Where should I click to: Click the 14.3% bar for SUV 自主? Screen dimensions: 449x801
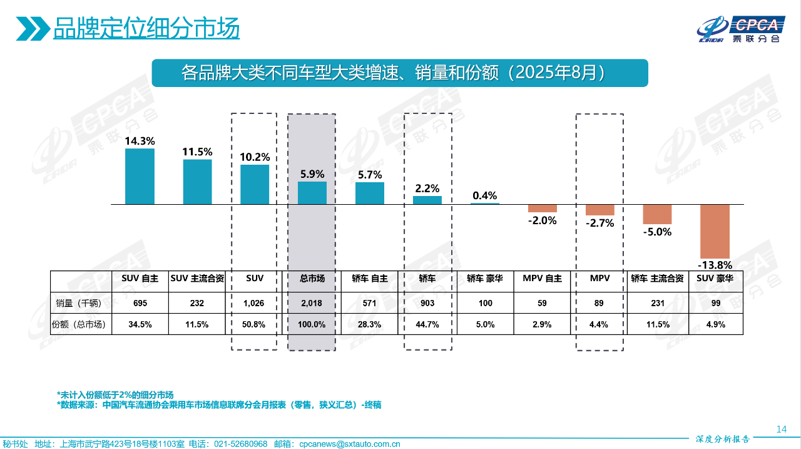(x=140, y=176)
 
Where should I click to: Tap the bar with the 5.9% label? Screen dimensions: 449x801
(x=312, y=193)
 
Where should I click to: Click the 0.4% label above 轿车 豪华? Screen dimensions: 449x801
(x=485, y=195)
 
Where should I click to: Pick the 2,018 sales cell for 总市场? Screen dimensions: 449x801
(x=312, y=304)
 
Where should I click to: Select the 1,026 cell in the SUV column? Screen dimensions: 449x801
(x=254, y=304)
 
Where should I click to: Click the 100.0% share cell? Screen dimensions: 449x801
(x=312, y=324)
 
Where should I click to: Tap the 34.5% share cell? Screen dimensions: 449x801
(x=140, y=324)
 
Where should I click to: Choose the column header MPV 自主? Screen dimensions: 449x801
(x=542, y=279)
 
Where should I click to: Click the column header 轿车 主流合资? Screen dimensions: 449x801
(x=657, y=279)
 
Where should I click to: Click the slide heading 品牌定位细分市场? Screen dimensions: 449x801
(x=146, y=28)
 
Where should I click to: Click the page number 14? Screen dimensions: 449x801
(x=781, y=429)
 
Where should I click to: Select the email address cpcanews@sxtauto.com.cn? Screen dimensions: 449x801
(x=350, y=443)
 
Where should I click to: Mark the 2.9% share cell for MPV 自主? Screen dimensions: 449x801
(x=542, y=324)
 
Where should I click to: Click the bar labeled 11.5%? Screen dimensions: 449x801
(x=197, y=182)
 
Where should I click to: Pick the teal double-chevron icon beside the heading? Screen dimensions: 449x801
(x=33, y=28)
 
